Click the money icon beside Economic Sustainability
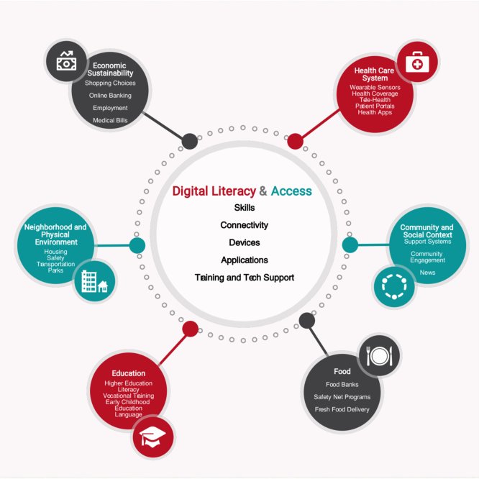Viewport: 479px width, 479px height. click(x=65, y=61)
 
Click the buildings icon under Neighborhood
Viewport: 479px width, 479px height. click(x=94, y=280)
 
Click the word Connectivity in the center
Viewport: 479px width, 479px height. click(x=244, y=225)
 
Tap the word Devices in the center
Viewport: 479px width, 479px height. click(x=244, y=242)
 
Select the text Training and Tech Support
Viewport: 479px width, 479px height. click(x=244, y=277)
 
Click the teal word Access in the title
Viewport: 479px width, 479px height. click(x=291, y=191)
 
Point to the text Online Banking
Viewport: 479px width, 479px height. click(x=109, y=96)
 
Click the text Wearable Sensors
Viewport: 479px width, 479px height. click(x=375, y=87)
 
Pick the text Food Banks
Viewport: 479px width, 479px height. click(x=342, y=385)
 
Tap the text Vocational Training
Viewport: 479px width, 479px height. click(x=128, y=396)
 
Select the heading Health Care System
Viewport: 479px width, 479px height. click(x=375, y=75)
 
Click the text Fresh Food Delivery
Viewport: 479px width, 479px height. click(x=342, y=409)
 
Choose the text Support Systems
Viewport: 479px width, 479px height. click(x=427, y=242)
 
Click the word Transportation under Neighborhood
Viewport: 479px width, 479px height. click(x=55, y=265)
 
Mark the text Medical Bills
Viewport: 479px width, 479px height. click(x=110, y=120)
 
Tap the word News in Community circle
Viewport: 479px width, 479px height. click(x=427, y=273)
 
